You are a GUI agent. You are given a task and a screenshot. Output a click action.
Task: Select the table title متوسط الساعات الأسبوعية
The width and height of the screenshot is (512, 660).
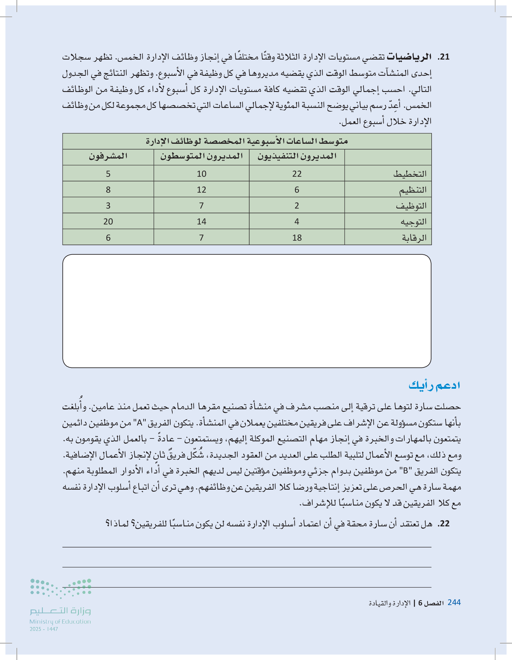(247, 141)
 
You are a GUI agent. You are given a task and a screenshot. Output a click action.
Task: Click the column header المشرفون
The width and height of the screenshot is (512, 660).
(108, 156)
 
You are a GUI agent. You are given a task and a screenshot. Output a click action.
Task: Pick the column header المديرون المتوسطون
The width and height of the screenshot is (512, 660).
(201, 156)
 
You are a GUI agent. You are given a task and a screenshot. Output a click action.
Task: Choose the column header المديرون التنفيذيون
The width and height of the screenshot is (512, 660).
(297, 156)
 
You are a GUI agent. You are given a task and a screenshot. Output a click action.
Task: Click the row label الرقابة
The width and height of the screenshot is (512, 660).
(414, 238)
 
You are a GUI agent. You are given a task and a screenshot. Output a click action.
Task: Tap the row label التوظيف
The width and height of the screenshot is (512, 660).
(411, 206)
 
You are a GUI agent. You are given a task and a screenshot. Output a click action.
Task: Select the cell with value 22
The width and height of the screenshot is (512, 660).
(297, 174)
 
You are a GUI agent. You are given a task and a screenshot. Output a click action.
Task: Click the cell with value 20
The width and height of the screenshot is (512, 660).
(108, 222)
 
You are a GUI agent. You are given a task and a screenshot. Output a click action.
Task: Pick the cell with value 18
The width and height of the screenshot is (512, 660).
(297, 238)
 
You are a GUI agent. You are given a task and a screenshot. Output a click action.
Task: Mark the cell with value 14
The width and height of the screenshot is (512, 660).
(201, 222)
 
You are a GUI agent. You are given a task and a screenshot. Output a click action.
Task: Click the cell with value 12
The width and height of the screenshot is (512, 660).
(201, 190)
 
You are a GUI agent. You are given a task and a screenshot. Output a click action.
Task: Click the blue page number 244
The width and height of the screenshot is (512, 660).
(454, 602)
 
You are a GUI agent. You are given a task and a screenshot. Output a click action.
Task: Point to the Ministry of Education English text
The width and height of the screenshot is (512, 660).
(60, 622)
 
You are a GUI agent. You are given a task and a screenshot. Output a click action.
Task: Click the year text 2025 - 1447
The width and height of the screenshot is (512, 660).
(44, 629)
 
